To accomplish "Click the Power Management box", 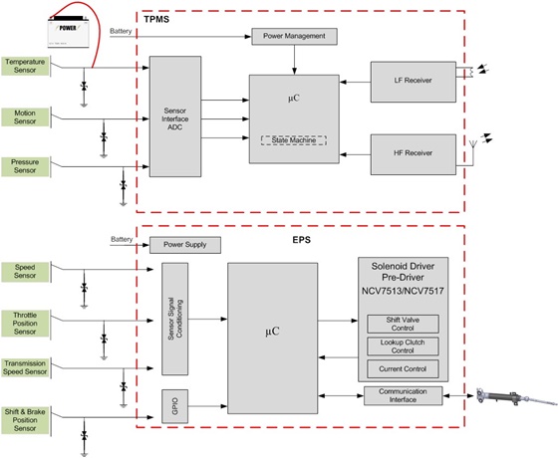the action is pos(294,36).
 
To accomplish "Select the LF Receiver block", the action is pos(414,82).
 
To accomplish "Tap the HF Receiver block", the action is pos(414,154).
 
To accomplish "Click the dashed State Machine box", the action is pos(294,140).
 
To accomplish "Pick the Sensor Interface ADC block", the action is pos(175,116).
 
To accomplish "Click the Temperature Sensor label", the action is pos(25,66).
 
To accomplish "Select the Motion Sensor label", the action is pos(25,117).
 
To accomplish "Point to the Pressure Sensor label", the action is pos(25,166).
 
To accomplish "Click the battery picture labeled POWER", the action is pos(69,32).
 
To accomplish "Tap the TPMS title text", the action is pos(156,19).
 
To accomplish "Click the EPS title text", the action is pos(301,240).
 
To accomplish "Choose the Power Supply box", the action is pos(185,245).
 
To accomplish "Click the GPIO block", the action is pos(174,406).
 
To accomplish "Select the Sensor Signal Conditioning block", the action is pos(174,319).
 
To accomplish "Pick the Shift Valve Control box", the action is pos(403,324).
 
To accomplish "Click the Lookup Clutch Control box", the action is pos(403,346).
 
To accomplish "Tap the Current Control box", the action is pos(403,369).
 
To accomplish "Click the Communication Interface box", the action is pos(403,396).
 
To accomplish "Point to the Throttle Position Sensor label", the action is pos(25,324).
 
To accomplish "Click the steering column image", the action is pos(517,397).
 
